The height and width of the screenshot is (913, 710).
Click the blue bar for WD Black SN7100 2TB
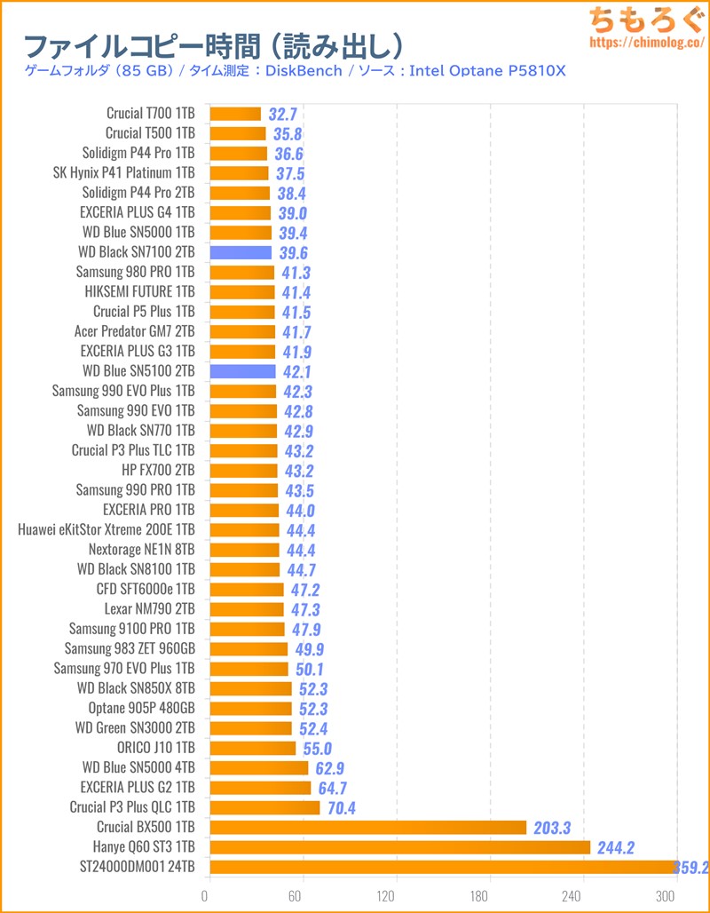[241, 252]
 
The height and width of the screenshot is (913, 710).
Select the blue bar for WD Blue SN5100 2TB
[242, 371]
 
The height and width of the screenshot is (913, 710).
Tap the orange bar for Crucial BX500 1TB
[367, 828]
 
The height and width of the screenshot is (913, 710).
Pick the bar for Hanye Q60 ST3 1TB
[399, 847]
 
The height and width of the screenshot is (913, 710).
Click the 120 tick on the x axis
[396, 894]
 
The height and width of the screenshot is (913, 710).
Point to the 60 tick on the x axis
[303, 894]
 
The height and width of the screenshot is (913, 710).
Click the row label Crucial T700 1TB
[150, 114]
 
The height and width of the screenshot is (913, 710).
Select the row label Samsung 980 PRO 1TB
[135, 272]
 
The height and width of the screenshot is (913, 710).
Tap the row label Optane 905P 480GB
[141, 708]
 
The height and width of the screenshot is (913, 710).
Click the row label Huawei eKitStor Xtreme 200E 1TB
[106, 529]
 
